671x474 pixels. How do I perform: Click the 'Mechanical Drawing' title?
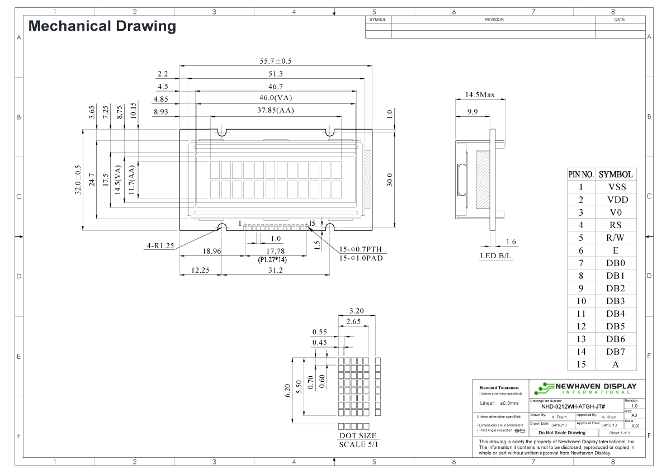[102, 26]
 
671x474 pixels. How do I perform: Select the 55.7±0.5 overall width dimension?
[276, 61]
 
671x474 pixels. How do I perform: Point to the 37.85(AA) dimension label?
[276, 111]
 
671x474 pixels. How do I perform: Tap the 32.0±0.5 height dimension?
[78, 181]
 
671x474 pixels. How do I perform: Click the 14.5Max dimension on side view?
[480, 96]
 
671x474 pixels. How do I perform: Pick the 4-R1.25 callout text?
[160, 245]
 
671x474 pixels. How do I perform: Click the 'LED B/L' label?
[496, 256]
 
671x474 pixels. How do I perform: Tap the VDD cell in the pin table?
[617, 200]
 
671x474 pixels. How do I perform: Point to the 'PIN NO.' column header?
[581, 174]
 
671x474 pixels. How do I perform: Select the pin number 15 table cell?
[581, 364]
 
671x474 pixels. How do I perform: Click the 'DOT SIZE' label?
[358, 435]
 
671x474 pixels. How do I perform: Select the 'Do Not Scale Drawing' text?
[561, 433]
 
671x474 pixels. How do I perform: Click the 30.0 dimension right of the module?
[390, 180]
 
